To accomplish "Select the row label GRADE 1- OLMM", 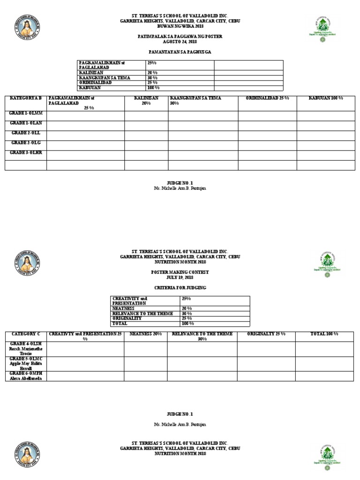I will [x=26, y=114].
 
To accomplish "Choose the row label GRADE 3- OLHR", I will [x=26, y=153].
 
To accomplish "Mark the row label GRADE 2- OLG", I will [x=26, y=142].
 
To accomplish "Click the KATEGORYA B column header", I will [x=26, y=98].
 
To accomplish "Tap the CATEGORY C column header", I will [x=26, y=333].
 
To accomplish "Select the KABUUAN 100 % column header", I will [x=325, y=98].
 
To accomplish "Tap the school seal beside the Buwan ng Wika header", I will [x=27, y=28].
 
